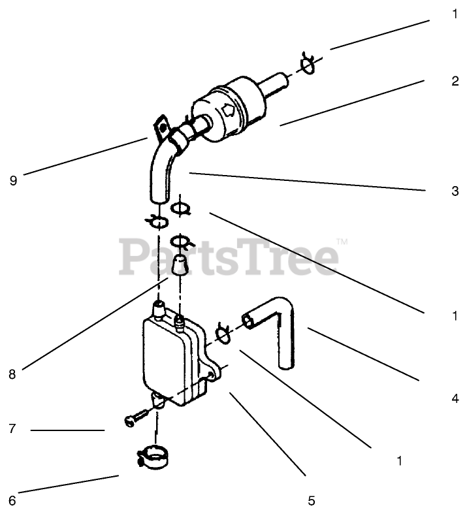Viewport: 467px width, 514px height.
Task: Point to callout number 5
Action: click(x=311, y=501)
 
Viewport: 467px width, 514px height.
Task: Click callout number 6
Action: click(x=11, y=501)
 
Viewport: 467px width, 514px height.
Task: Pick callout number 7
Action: click(x=11, y=430)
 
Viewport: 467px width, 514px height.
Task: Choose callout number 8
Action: click(x=11, y=374)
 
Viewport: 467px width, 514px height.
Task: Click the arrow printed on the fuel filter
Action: click(x=229, y=112)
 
